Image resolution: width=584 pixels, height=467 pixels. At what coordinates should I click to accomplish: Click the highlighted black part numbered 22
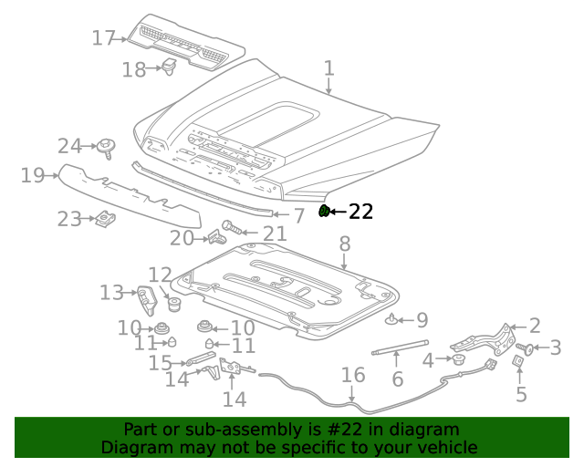pyautogui.click(x=324, y=212)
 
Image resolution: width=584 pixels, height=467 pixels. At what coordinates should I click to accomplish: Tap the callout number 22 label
pyautogui.click(x=361, y=212)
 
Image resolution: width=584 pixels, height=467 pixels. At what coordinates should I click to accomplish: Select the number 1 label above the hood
pyautogui.click(x=328, y=68)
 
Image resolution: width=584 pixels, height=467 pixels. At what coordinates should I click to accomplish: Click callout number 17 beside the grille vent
pyautogui.click(x=103, y=38)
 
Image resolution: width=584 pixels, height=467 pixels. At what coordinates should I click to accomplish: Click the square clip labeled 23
pyautogui.click(x=106, y=219)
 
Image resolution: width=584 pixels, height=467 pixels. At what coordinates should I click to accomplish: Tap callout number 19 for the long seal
pyautogui.click(x=32, y=174)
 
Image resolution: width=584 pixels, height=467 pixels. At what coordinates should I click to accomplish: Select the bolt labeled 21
pyautogui.click(x=228, y=225)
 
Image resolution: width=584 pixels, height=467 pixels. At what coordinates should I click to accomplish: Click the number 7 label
pyautogui.click(x=299, y=216)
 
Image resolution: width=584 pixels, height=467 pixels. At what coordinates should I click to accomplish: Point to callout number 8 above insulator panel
pyautogui.click(x=344, y=244)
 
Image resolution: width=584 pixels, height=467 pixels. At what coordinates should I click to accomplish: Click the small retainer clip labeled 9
pyautogui.click(x=392, y=319)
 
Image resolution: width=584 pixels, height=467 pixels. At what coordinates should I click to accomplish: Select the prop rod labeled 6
pyautogui.click(x=400, y=346)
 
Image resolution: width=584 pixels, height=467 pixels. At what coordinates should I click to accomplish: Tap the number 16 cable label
pyautogui.click(x=352, y=375)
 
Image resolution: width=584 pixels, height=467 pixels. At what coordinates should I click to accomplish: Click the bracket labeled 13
pyautogui.click(x=145, y=297)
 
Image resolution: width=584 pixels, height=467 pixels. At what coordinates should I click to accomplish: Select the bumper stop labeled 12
pyautogui.click(x=171, y=301)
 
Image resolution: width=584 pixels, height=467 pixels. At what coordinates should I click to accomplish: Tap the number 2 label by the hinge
pyautogui.click(x=535, y=326)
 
